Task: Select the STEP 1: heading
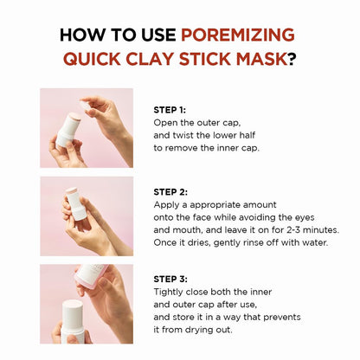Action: pyautogui.click(x=170, y=110)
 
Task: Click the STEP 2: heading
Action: pyautogui.click(x=170, y=191)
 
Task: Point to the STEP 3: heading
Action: pyautogui.click(x=170, y=279)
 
